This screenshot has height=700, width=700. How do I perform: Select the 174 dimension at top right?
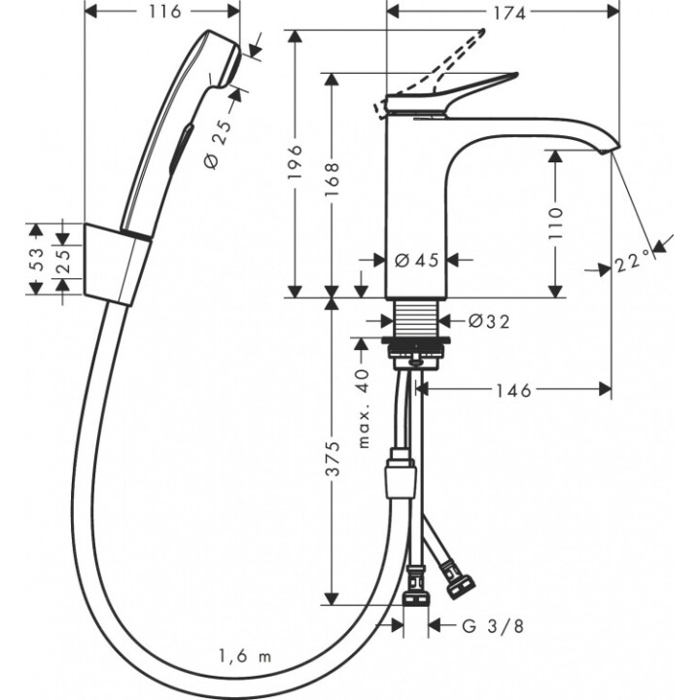(504, 13)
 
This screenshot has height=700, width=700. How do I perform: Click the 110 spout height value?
(555, 224)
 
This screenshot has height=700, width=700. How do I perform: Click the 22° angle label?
(633, 262)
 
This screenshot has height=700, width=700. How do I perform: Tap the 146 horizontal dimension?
(513, 390)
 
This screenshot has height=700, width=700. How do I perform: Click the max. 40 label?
(364, 408)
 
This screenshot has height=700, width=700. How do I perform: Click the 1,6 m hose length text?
(246, 656)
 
